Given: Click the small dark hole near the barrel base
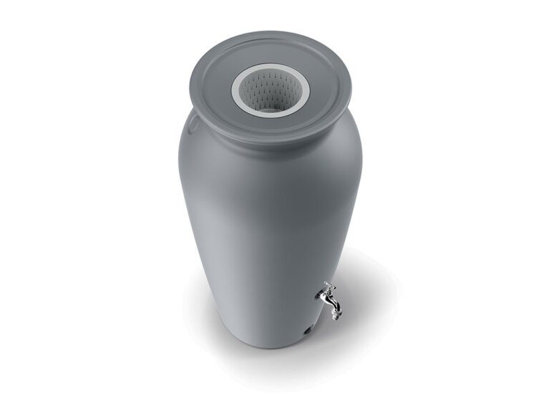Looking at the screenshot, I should pyautogui.click(x=306, y=332).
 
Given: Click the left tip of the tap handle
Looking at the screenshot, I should pyautogui.click(x=324, y=284).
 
